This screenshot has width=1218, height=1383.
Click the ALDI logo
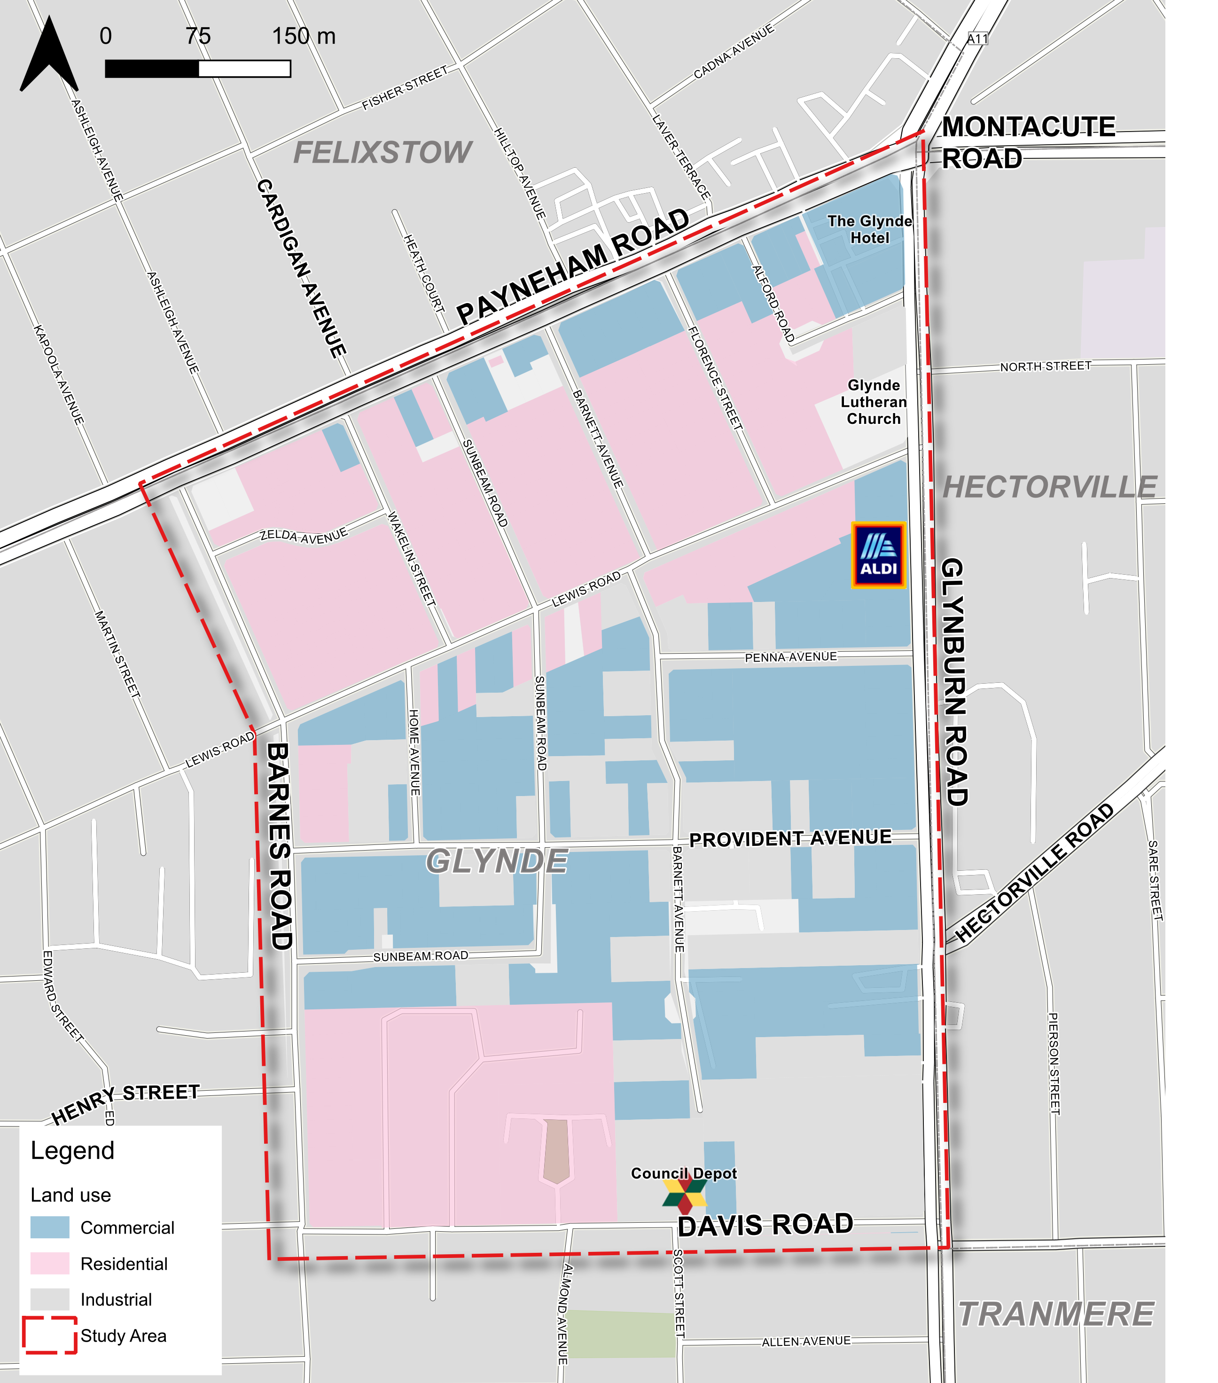pyautogui.click(x=878, y=555)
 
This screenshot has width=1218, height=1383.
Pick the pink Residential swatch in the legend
pyautogui.click(x=49, y=1263)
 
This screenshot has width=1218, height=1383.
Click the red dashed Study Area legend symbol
pyautogui.click(x=49, y=1335)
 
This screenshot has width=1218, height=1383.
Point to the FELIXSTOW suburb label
pyautogui.click(x=383, y=152)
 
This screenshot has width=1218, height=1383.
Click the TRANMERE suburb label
pyautogui.click(x=1055, y=1314)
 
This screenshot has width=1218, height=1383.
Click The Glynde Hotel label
pyautogui.click(x=869, y=229)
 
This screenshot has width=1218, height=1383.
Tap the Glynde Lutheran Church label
pyautogui.click(x=874, y=402)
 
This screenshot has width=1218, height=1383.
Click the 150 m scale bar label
pyautogui.click(x=303, y=36)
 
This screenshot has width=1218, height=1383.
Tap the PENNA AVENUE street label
pyautogui.click(x=790, y=657)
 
